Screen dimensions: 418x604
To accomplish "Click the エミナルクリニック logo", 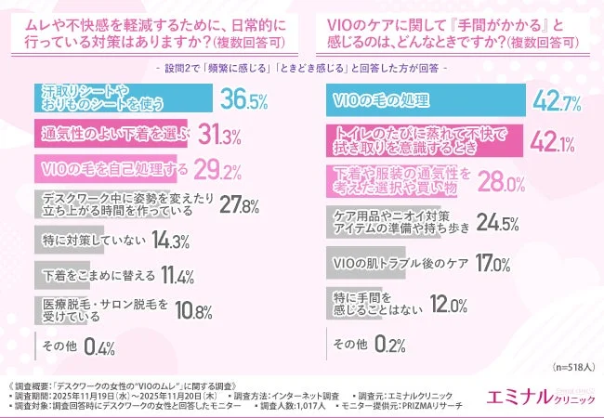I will [x=541, y=398].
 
